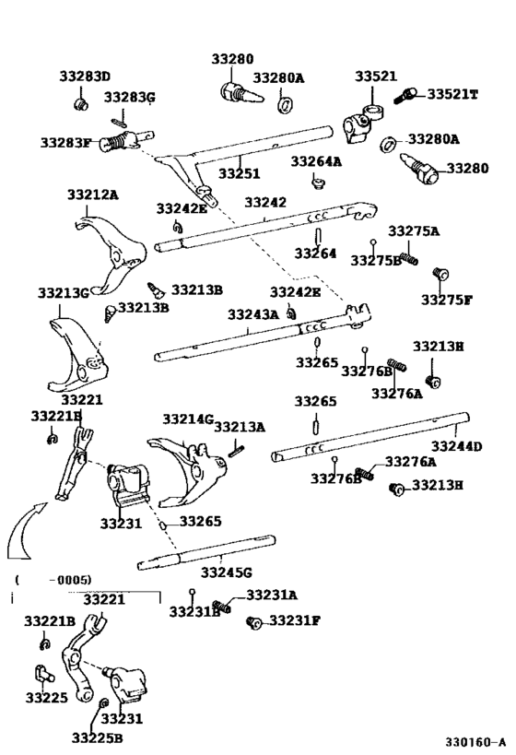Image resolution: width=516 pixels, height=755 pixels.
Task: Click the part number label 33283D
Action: pos(85,77)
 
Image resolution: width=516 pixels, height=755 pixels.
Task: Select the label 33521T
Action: pos(451,94)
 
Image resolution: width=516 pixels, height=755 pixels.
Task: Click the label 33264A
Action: pos(316,161)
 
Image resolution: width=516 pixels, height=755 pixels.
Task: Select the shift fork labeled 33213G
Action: pos(75,356)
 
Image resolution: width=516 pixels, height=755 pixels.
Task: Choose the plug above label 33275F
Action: pos(440,274)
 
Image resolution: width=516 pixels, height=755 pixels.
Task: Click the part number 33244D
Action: pos(457,447)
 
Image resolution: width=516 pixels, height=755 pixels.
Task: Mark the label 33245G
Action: pos(227,572)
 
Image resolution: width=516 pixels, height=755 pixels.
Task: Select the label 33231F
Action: pos(294,620)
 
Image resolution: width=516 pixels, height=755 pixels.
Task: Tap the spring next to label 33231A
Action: pos(221,606)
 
